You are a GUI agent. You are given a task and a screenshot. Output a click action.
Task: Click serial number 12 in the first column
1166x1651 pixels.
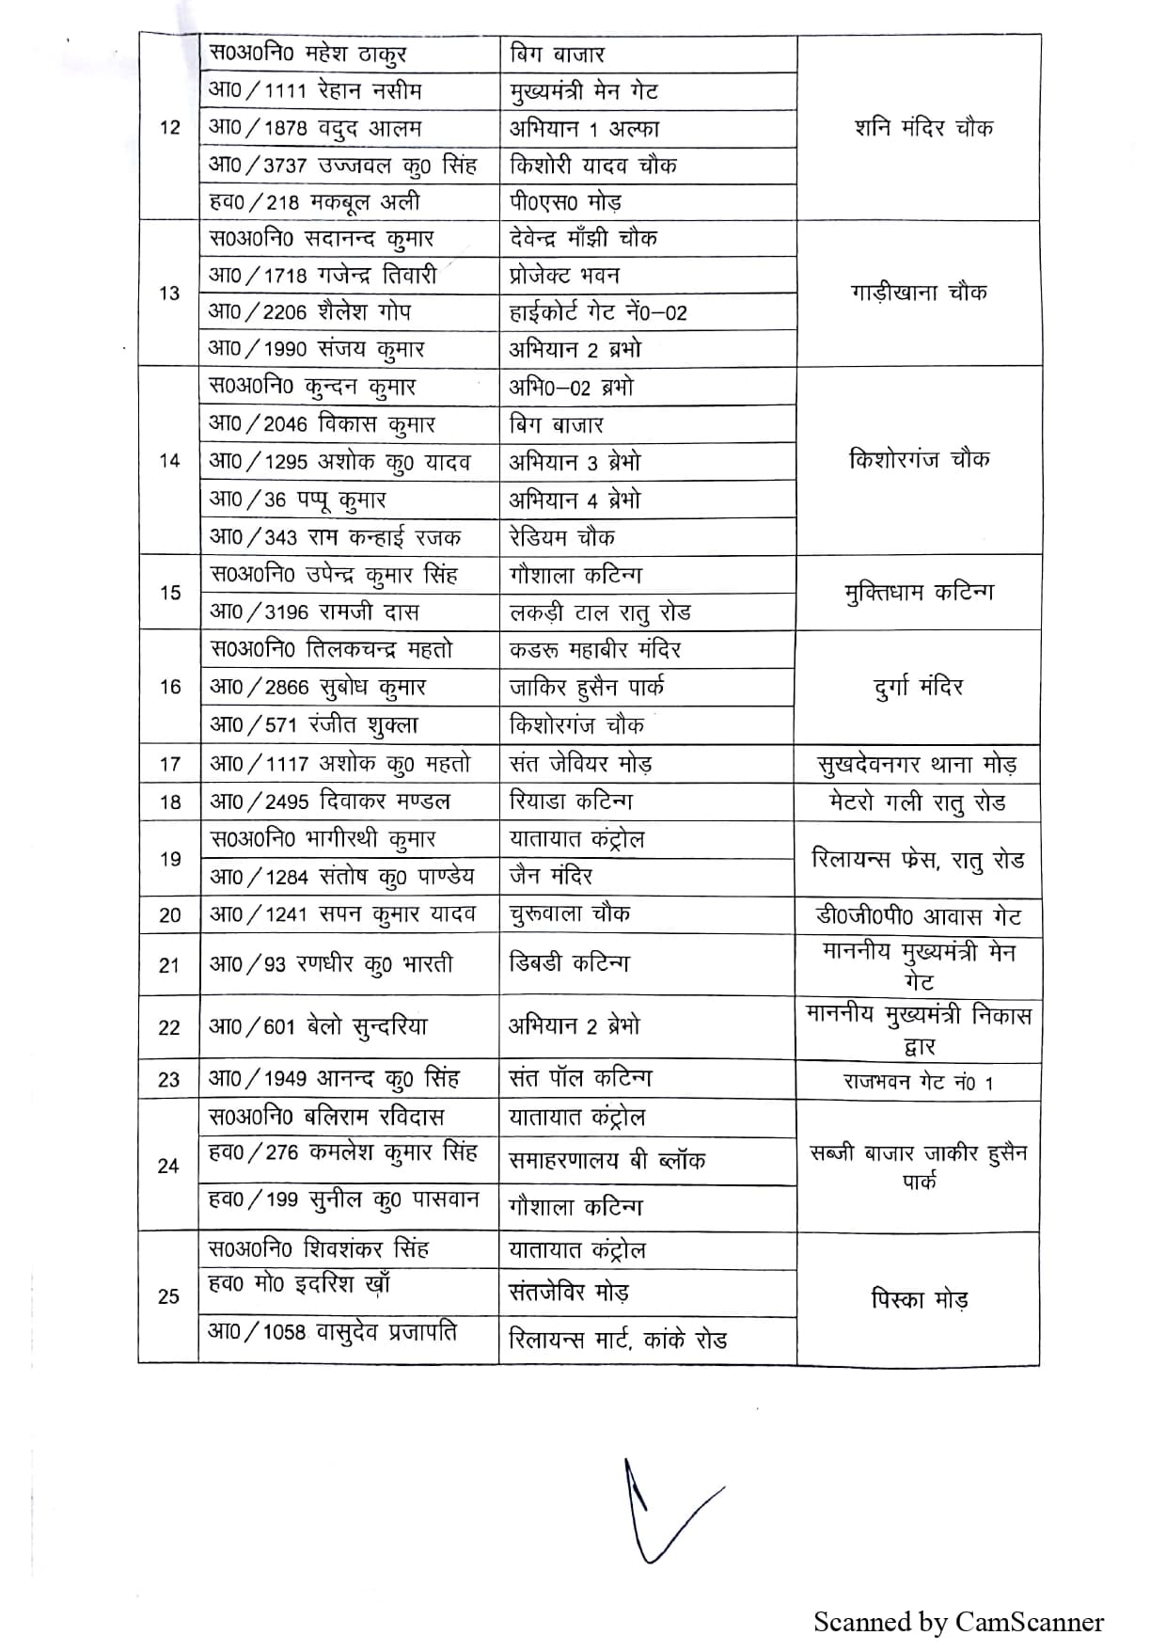click(169, 128)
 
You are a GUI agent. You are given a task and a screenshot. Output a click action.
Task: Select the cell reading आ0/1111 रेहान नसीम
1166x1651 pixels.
click(315, 91)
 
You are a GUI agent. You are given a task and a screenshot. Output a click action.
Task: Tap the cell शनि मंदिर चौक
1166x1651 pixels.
click(923, 128)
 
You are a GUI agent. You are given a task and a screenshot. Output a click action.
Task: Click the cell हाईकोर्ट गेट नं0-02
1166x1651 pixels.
click(598, 311)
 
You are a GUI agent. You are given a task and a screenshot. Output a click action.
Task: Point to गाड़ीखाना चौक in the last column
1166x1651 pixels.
click(918, 293)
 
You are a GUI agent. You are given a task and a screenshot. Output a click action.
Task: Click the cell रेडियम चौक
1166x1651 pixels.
click(561, 537)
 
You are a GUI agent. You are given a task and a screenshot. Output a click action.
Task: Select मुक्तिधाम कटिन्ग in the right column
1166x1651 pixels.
click(918, 592)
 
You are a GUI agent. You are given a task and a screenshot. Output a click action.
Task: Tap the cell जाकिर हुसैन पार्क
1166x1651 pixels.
click(587, 687)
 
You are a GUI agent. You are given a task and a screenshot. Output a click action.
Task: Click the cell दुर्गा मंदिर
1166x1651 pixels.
click(918, 687)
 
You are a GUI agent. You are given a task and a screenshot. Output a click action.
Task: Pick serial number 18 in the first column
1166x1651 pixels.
click(170, 802)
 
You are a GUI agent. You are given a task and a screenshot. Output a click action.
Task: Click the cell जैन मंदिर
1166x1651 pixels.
click(551, 876)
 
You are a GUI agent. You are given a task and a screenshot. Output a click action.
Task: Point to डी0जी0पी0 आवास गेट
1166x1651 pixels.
click(918, 915)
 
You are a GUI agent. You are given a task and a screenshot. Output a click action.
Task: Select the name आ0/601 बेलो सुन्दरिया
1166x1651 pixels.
click(318, 1026)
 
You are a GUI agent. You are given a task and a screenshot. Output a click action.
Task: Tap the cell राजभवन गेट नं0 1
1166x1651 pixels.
click(918, 1082)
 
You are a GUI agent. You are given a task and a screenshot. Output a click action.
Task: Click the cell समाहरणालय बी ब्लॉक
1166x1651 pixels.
click(607, 1160)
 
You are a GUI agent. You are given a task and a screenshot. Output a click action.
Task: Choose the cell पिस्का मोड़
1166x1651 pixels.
click(918, 1299)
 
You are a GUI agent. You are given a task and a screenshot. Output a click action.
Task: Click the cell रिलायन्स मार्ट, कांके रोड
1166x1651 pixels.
click(618, 1339)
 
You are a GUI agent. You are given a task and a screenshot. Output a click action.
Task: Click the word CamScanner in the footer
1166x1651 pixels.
click(1029, 1622)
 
